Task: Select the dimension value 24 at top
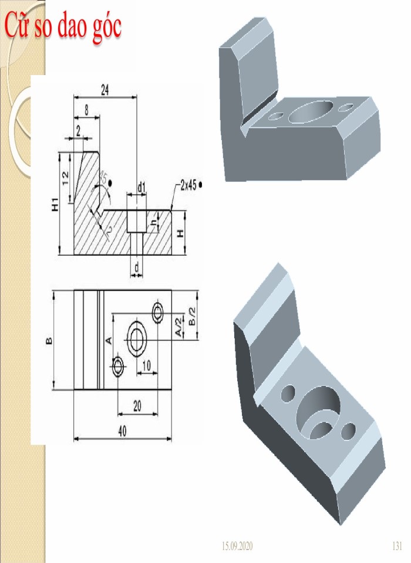105,90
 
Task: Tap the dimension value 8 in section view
87,110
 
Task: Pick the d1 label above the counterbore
141,187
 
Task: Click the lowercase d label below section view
137,268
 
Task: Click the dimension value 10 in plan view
146,366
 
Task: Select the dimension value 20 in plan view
137,406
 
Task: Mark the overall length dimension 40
122,431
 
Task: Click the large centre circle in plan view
139,339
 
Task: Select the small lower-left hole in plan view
119,367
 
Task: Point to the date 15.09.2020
237,547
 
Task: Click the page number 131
396,547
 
